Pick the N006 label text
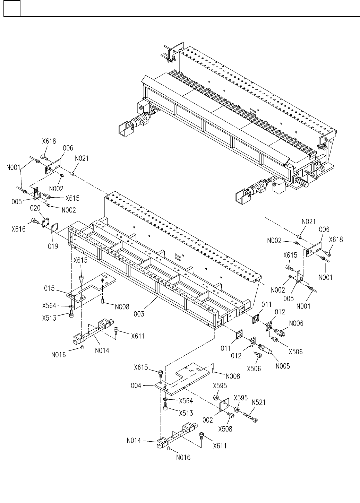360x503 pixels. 296,323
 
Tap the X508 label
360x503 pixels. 225,429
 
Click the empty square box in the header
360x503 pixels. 12,9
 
